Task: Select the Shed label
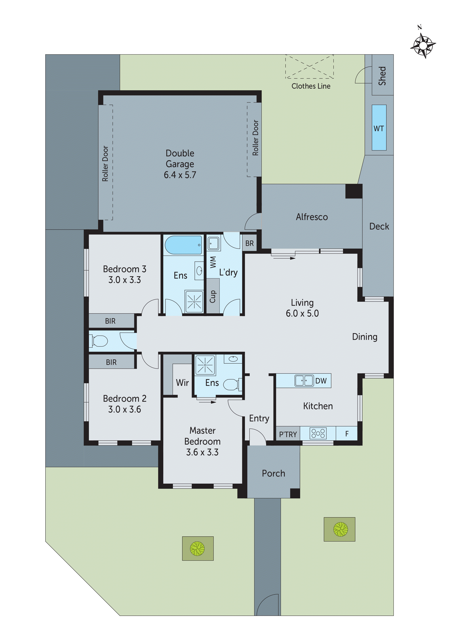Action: tap(382, 76)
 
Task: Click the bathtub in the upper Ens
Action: tap(183, 245)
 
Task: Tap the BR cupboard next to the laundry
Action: tap(249, 243)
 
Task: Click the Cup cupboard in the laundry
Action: tap(213, 296)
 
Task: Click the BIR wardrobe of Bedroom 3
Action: tap(111, 321)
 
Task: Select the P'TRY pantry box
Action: tap(288, 434)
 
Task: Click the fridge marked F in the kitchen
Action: tap(347, 434)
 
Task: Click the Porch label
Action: tap(273, 473)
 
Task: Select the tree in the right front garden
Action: tap(340, 529)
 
